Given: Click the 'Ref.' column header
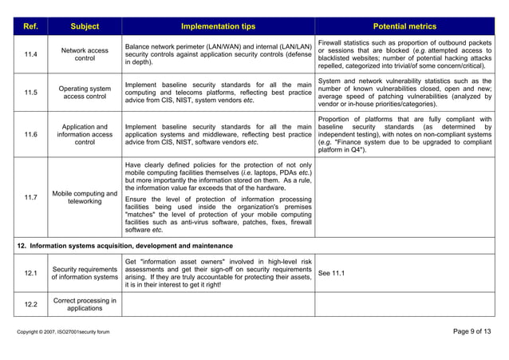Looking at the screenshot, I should [x=30, y=26].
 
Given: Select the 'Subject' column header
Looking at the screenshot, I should [x=85, y=26].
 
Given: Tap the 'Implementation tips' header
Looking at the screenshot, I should [x=218, y=26].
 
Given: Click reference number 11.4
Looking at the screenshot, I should [x=30, y=54].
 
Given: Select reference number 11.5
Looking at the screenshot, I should [x=30, y=93].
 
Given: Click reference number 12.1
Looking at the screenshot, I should [x=30, y=272].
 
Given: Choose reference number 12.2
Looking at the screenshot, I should [x=30, y=305].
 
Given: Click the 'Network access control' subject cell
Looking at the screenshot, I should [x=85, y=54].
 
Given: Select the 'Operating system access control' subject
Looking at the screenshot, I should [x=85, y=93].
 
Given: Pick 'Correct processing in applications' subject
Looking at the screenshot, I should [x=85, y=305].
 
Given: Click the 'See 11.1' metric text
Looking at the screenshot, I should [x=332, y=273].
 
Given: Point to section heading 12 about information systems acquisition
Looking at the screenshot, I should [x=125, y=245].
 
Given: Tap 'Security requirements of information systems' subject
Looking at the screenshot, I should [x=85, y=272].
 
